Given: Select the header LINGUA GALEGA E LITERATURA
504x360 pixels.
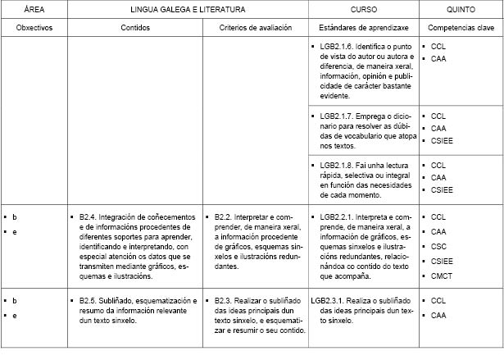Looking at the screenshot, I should point(188,10).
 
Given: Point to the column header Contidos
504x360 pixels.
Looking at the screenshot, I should point(135,28).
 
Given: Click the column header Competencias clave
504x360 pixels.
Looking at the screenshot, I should point(461,28).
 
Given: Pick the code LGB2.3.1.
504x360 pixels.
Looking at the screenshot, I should point(329,301).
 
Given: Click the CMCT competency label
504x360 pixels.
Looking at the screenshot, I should point(441,276).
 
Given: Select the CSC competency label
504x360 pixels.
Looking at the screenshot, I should point(438,246).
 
